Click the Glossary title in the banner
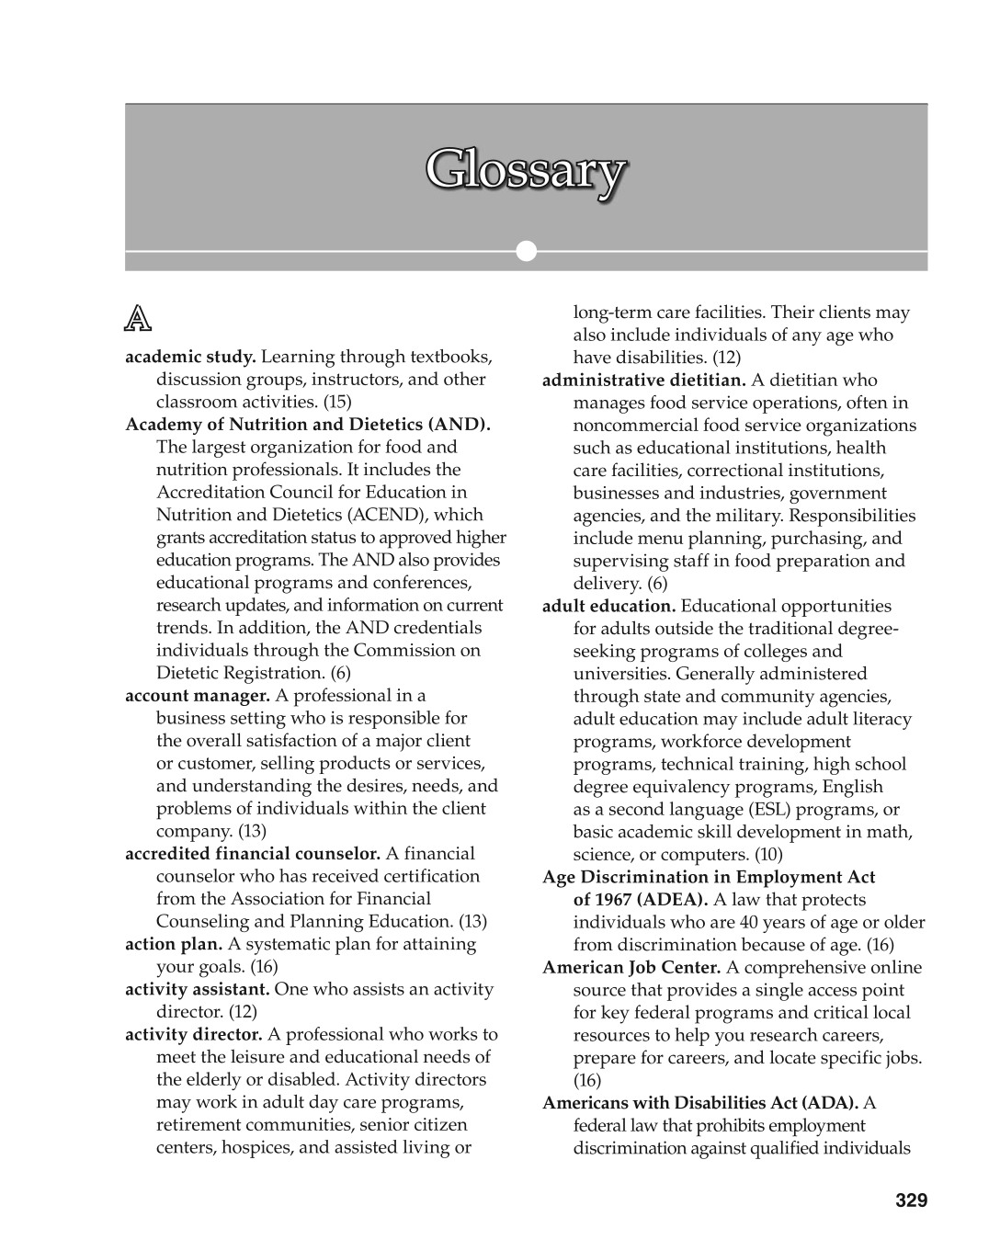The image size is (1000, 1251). coord(526,171)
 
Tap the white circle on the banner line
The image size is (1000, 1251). coord(526,251)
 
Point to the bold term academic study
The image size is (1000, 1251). coord(190,357)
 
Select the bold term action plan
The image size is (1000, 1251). coord(175,944)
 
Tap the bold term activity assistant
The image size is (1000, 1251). coord(197,989)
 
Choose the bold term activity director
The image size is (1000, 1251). coord(194,1034)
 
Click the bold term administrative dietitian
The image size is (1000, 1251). coord(644,380)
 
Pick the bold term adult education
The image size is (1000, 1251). coord(608,606)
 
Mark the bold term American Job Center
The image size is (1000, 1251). coord(631,967)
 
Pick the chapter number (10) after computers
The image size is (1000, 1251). coord(768,854)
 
